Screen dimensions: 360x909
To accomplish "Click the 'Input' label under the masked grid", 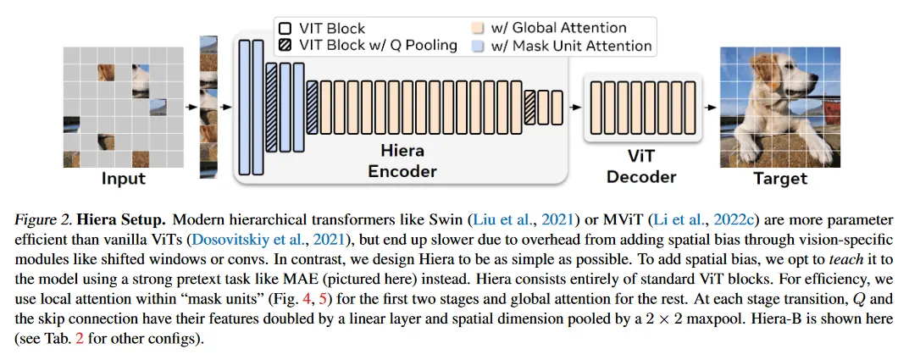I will [124, 178].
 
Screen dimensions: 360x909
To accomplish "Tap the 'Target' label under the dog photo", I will [780, 178].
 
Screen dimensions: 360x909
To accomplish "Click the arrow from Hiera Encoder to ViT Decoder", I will [575, 108].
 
